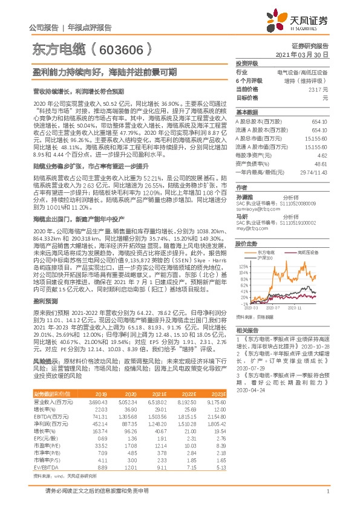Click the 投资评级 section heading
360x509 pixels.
[247, 63]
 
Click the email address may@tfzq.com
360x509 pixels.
[251, 229]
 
